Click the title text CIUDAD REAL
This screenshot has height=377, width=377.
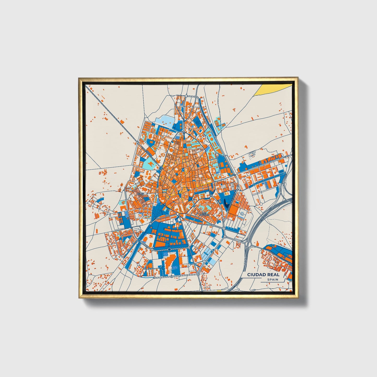[x=263, y=274]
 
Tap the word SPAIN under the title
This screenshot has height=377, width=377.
[x=272, y=279]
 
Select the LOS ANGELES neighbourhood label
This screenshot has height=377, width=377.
[x=204, y=214]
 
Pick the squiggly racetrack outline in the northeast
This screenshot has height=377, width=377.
[x=252, y=155]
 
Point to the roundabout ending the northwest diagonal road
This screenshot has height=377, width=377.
[x=138, y=143]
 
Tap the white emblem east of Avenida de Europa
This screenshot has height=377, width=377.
[x=242, y=214]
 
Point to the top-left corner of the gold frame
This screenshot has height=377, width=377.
[x=79, y=78]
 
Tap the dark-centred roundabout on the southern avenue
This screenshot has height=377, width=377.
[x=170, y=250]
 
